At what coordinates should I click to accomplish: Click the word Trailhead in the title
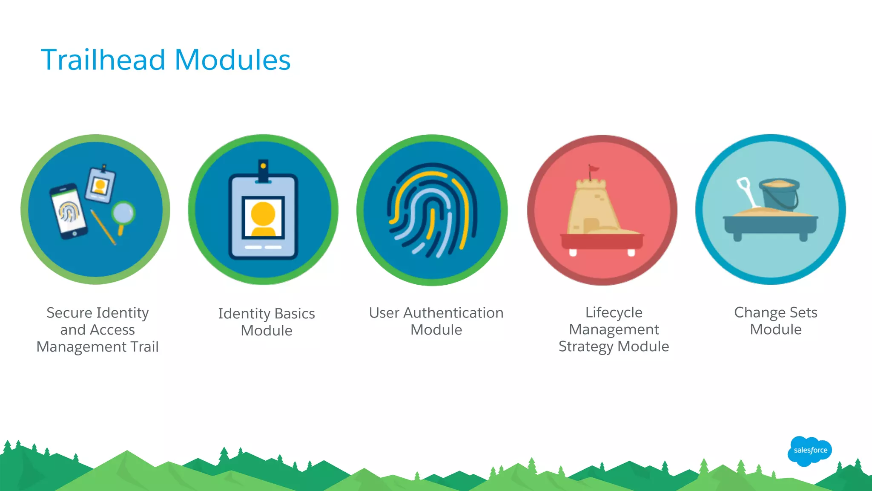point(103,60)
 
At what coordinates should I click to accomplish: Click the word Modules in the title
point(232,60)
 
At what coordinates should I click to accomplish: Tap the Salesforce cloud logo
point(810,451)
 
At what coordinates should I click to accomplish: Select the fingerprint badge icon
point(432,210)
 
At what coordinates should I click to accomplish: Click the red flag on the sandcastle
point(593,170)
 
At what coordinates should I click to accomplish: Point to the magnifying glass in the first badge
point(123,214)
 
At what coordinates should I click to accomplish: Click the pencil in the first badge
point(103,227)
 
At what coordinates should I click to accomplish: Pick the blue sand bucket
point(779,194)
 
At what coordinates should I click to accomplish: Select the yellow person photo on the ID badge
point(263,218)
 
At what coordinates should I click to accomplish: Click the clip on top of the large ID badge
point(263,171)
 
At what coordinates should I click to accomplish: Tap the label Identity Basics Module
point(267,322)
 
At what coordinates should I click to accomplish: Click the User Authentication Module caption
point(436,321)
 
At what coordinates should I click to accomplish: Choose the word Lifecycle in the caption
point(614,312)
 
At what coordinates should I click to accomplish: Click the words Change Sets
point(775,312)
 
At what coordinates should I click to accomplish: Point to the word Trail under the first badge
point(145,347)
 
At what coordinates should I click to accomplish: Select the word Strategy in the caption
point(586,347)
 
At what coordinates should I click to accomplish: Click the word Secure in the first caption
point(69,312)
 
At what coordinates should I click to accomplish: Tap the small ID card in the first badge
point(100,185)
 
